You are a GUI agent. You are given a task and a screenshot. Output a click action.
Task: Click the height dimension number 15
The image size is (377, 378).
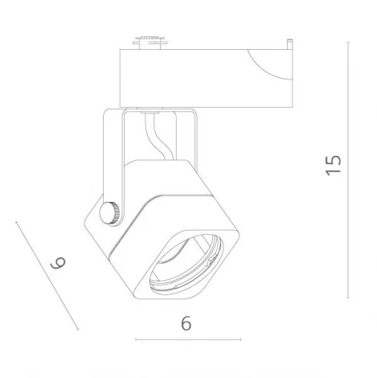tap(334, 165)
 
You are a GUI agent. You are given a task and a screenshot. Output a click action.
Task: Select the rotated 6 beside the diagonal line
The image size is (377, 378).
tap(56, 263)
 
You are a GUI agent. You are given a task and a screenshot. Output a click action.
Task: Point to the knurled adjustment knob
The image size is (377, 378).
tap(110, 213)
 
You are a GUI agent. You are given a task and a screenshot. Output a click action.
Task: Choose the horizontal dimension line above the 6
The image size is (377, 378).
tap(186, 339)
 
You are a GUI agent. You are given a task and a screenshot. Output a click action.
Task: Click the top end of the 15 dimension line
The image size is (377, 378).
tap(348, 43)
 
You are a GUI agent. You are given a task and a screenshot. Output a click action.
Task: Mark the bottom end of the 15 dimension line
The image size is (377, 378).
tap(348, 296)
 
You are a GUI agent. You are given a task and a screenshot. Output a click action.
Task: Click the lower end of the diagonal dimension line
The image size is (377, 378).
tap(78, 330)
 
